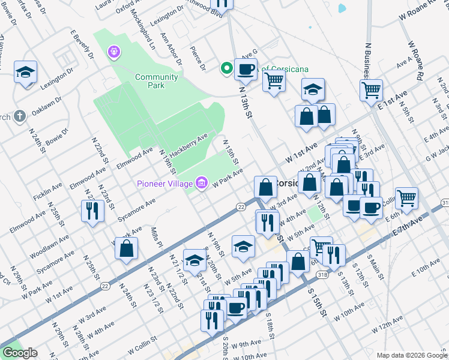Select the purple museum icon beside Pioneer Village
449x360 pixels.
click(x=201, y=182)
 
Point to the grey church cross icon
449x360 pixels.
click(x=20, y=116)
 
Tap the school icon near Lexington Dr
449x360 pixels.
click(x=26, y=73)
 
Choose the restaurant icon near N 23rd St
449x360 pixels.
click(x=92, y=211)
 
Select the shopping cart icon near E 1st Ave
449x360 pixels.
click(x=372, y=90)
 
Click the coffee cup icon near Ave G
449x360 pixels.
click(x=246, y=70)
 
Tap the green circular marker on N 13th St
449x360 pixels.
click(x=226, y=68)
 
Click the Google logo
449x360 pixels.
click(x=20, y=353)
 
